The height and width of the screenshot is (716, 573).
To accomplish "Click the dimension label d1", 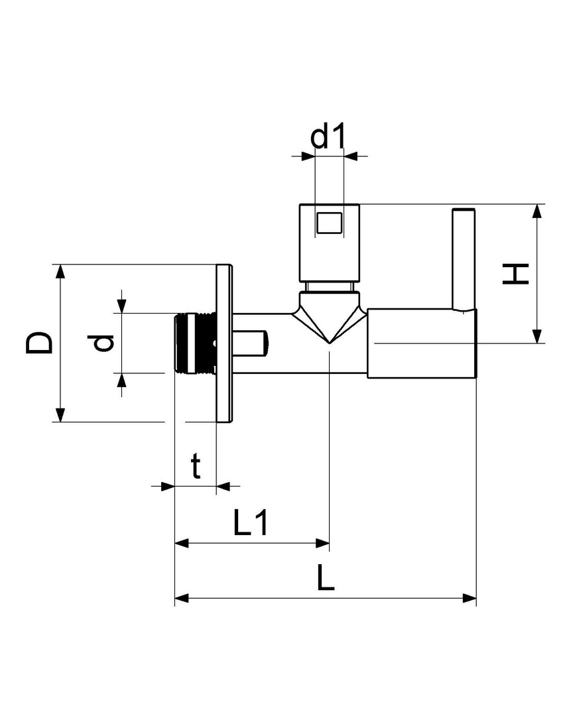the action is click(328, 137).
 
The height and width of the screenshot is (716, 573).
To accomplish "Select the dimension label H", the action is click(515, 274).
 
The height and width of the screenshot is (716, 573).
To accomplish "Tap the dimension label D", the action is click(39, 343).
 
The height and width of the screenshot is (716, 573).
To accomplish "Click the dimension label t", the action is click(196, 466).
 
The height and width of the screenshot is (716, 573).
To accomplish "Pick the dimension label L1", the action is click(251, 522).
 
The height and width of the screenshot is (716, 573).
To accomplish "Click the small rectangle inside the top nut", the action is click(328, 223).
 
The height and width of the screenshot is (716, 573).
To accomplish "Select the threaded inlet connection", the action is click(195, 343).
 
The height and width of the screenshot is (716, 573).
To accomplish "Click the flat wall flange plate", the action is click(224, 343).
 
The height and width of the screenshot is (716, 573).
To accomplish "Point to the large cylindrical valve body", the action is click(422, 343).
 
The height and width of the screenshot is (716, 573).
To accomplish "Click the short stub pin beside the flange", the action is click(251, 343).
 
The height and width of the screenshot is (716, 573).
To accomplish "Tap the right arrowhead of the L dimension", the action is click(470, 598).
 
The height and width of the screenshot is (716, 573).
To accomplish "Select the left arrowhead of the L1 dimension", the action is click(182, 544).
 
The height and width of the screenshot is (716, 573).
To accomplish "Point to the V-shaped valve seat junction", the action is click(329, 320).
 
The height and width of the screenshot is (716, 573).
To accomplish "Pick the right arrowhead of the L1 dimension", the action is click(322, 544).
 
